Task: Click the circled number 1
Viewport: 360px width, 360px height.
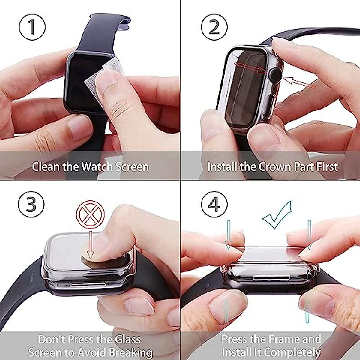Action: tap(32, 27)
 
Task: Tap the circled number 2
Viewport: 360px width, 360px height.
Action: tap(214, 27)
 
